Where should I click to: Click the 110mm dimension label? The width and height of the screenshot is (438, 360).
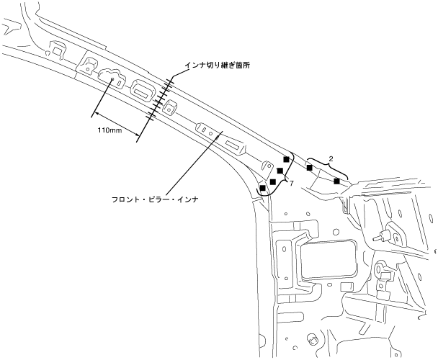click(x=109, y=130)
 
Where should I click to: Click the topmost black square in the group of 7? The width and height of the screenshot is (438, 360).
click(x=287, y=160)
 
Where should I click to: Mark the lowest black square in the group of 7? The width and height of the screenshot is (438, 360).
click(x=263, y=188)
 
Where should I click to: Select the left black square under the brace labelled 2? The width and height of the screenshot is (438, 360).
click(x=310, y=168)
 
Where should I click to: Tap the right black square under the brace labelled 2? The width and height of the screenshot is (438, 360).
click(x=336, y=180)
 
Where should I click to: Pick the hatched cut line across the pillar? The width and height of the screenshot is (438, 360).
click(x=160, y=101)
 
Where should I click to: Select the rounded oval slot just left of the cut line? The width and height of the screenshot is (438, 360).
click(x=141, y=90)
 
